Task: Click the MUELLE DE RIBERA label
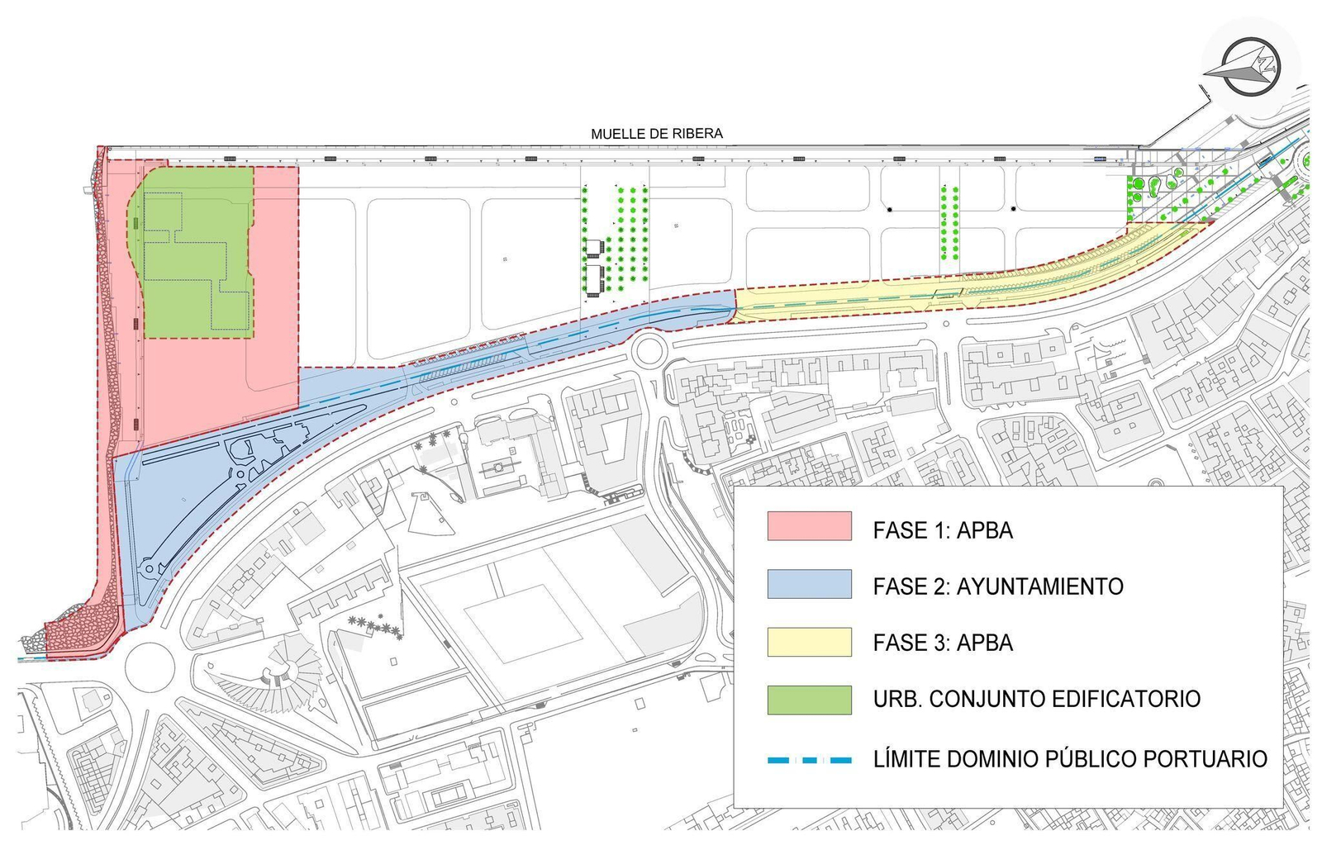coord(656,133)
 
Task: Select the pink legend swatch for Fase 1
coord(809,526)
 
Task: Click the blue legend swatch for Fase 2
coord(809,584)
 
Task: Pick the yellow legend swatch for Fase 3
coord(809,642)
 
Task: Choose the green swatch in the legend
coord(809,699)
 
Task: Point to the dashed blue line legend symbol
coord(809,759)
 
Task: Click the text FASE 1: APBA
coord(943,530)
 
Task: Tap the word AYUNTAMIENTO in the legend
coord(1039,586)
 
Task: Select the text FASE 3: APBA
coord(943,643)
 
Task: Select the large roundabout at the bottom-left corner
coord(150,666)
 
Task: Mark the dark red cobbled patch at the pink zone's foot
coord(78,632)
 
